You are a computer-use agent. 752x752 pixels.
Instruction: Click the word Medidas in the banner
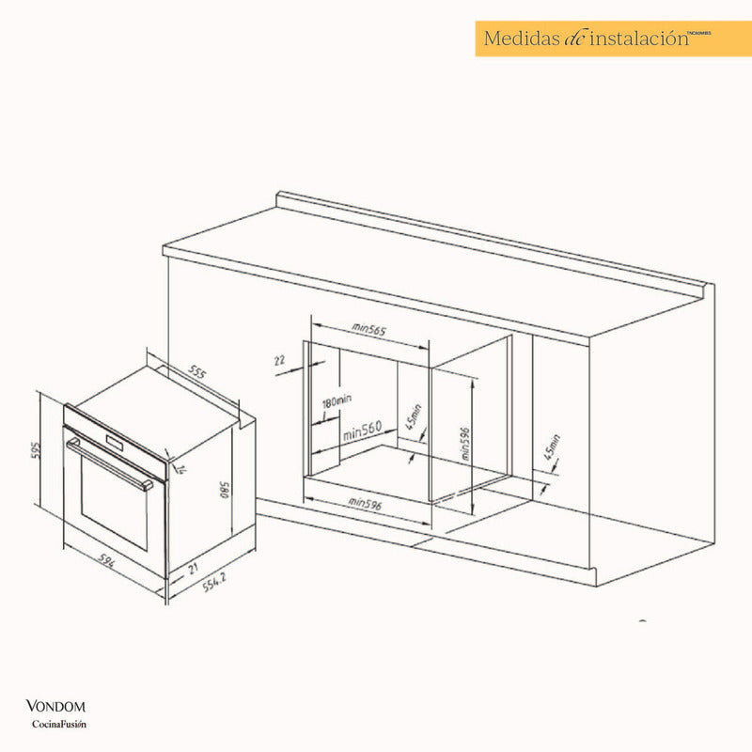pos(521,39)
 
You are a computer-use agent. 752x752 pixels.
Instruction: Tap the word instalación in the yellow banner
pos(632,39)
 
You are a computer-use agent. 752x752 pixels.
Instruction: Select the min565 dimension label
pos(370,329)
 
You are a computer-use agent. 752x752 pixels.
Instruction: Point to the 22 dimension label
pos(279,360)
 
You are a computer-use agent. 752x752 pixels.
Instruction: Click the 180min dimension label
pos(337,401)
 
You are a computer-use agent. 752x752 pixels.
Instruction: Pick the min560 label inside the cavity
pos(361,432)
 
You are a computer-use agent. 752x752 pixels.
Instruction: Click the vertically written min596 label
pos(463,439)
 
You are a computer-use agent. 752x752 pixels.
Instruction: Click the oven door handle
pos(108,462)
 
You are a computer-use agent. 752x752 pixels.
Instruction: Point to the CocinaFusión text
pos(59,723)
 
